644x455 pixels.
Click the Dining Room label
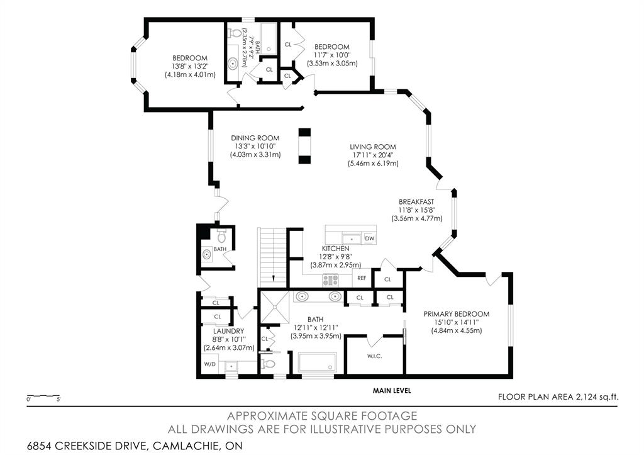point(255,138)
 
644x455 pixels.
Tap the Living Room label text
point(373,147)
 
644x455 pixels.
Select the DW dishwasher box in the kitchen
point(370,239)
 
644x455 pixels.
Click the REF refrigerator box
point(362,278)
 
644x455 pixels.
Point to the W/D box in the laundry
point(210,364)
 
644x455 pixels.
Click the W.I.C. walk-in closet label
point(375,356)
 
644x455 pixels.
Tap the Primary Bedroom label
point(457,314)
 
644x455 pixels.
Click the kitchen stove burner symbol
point(331,280)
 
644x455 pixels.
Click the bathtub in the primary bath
point(317,362)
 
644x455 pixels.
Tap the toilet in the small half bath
point(221,237)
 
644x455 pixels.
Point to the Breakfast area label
point(416,202)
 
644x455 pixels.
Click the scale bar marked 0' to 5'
point(43,396)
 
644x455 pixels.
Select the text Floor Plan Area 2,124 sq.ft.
point(558,396)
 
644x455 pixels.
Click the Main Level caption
point(392,390)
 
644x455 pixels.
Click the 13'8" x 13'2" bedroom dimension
point(190,66)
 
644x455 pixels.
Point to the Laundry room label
point(229,331)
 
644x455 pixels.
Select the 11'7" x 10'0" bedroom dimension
point(332,55)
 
